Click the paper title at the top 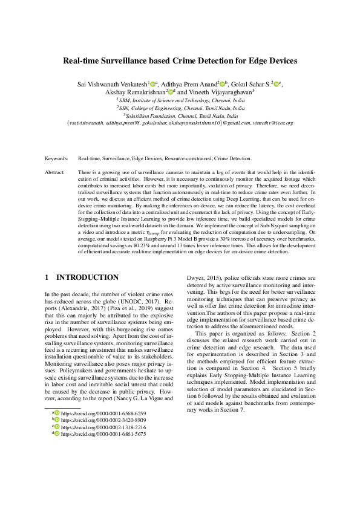pos(180,61)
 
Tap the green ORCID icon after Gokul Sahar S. pos(277,83)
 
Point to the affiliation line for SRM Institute pos(180,100)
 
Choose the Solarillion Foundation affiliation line pos(180,115)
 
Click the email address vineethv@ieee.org pos(273,123)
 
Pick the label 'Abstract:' pos(55,172)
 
